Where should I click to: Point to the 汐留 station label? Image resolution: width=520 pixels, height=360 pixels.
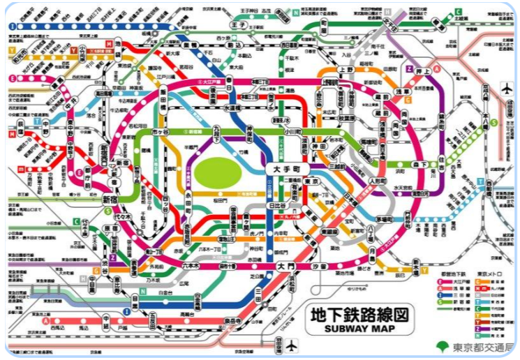click(319, 267)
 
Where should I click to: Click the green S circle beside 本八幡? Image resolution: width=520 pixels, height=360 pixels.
click(493, 122)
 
